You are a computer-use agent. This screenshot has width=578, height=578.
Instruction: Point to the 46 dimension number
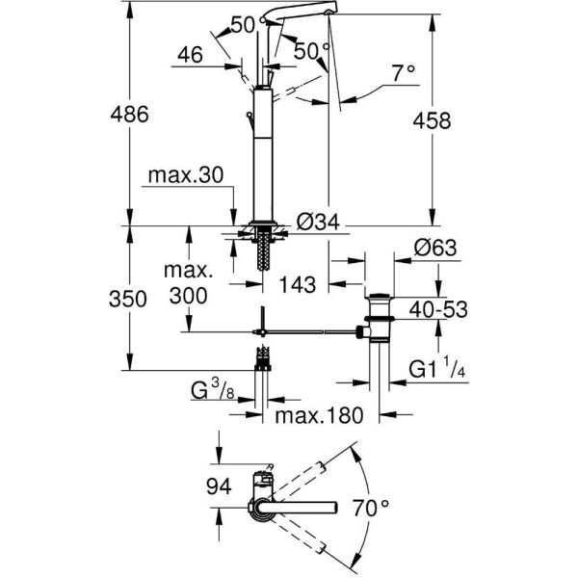pos(190,57)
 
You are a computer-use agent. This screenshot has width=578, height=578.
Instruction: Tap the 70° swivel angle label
pos(392,504)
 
